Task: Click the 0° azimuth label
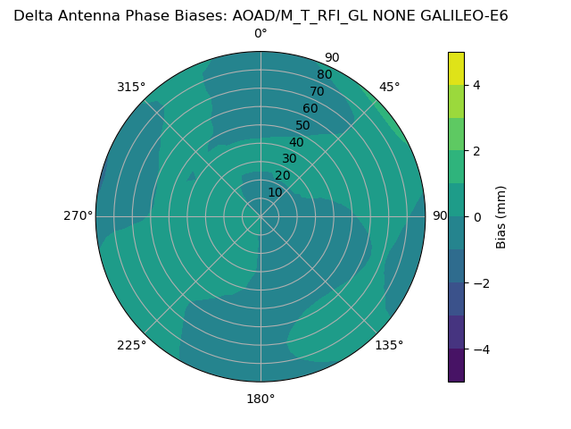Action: pos(261,34)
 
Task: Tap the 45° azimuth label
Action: pos(389,87)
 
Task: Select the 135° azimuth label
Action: pos(389,345)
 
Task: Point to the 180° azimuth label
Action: pos(261,399)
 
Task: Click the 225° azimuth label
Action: pos(131,345)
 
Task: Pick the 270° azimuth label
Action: pos(78,216)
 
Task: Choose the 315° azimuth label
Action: pos(131,87)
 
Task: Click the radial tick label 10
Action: pos(275,192)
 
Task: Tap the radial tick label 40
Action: pos(296,142)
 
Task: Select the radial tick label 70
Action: pos(317,91)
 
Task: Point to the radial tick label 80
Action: pos(324,74)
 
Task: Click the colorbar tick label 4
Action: pos(476,85)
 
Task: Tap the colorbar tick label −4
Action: pos(479,349)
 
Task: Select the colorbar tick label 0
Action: pos(476,217)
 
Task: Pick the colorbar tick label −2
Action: pos(479,283)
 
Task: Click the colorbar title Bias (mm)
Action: pos(501,216)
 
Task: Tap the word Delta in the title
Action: pos(32,15)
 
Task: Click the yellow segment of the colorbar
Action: pos(456,68)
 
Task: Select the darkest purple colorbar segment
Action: pos(456,366)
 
